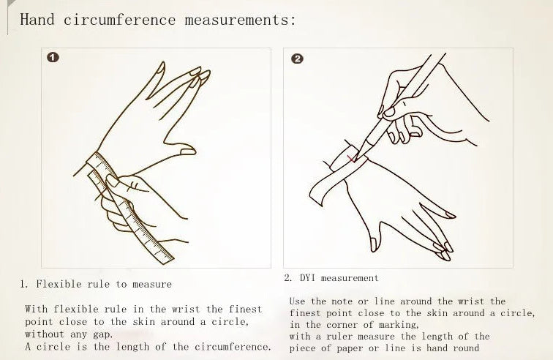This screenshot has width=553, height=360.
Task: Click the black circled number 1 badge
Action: (53, 58)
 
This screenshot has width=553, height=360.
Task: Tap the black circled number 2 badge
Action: (297, 59)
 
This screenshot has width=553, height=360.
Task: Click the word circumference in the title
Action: (119, 20)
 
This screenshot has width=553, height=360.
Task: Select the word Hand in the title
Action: (37, 19)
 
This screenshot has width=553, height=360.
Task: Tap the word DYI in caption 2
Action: (307, 278)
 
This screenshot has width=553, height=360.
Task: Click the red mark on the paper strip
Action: (352, 160)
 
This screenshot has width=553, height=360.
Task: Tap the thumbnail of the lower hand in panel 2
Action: (374, 244)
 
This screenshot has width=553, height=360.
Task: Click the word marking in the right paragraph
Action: (399, 325)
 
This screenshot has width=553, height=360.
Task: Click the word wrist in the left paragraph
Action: (187, 310)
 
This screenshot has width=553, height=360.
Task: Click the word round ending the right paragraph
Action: (466, 348)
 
